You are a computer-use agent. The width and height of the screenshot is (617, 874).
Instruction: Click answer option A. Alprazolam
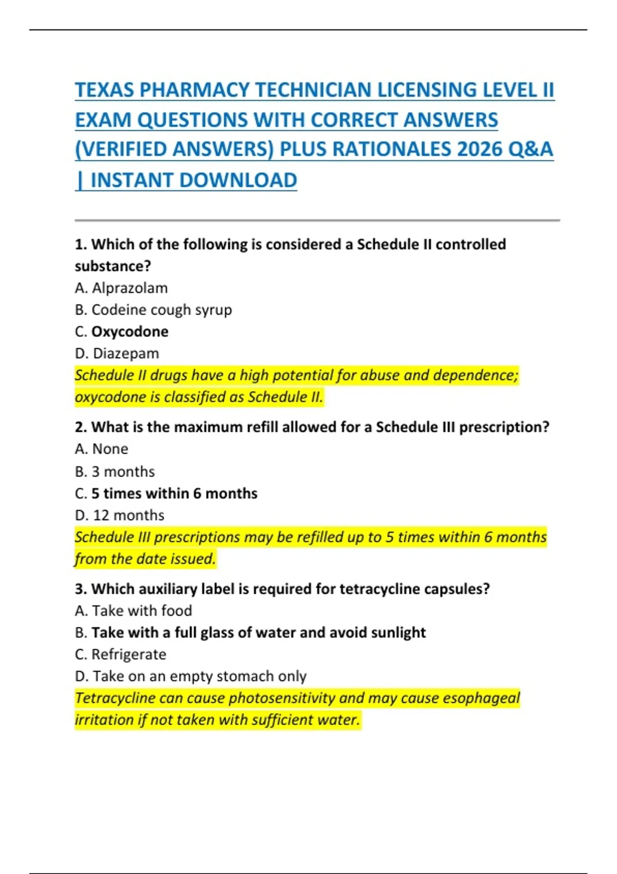pos(121,288)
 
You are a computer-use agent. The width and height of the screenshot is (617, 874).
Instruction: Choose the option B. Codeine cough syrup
pos(153,310)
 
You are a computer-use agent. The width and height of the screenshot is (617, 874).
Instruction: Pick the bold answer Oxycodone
pos(130,332)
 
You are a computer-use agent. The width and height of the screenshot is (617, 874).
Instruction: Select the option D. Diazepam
pos(117,354)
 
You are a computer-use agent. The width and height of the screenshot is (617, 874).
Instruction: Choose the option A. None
pos(102,449)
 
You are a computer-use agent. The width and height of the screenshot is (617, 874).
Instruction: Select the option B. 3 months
pos(115,471)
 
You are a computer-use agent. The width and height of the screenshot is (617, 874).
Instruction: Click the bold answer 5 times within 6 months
pos(174,494)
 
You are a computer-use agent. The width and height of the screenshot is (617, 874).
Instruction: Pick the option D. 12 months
pos(120,515)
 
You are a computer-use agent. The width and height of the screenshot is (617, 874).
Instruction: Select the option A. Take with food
pos(134,611)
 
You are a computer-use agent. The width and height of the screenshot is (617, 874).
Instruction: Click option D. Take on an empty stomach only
pos(191,676)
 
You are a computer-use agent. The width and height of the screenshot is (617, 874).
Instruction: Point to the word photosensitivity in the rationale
pos(282,698)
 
